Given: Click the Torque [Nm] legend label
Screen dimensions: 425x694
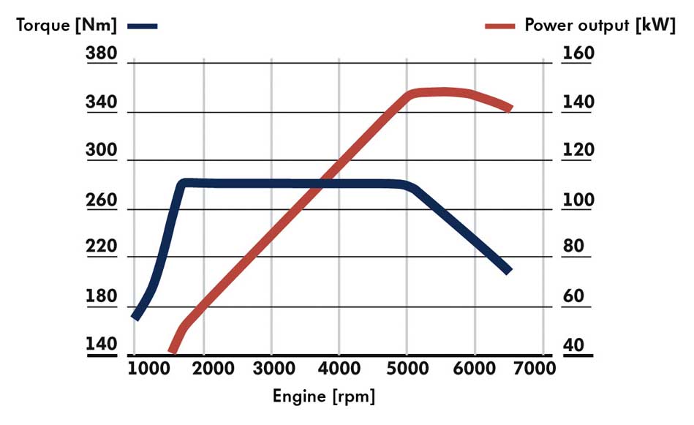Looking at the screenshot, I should coord(67,25).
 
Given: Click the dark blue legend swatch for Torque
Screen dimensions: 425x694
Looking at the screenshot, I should coord(142,26).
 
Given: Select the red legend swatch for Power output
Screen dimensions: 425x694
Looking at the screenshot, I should coord(502,26).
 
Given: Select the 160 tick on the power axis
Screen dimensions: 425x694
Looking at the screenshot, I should coord(578,54).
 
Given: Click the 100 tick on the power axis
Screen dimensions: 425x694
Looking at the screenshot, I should coord(578,200).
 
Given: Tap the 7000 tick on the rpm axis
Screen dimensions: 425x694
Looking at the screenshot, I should coord(535,368).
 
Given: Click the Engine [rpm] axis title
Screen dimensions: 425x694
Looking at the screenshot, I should coord(324,397).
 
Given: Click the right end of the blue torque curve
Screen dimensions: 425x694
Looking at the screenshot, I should coord(508,271).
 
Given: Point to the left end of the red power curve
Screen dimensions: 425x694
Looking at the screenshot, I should coord(173,352).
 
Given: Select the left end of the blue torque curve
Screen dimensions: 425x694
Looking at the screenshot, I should coord(135,317).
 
